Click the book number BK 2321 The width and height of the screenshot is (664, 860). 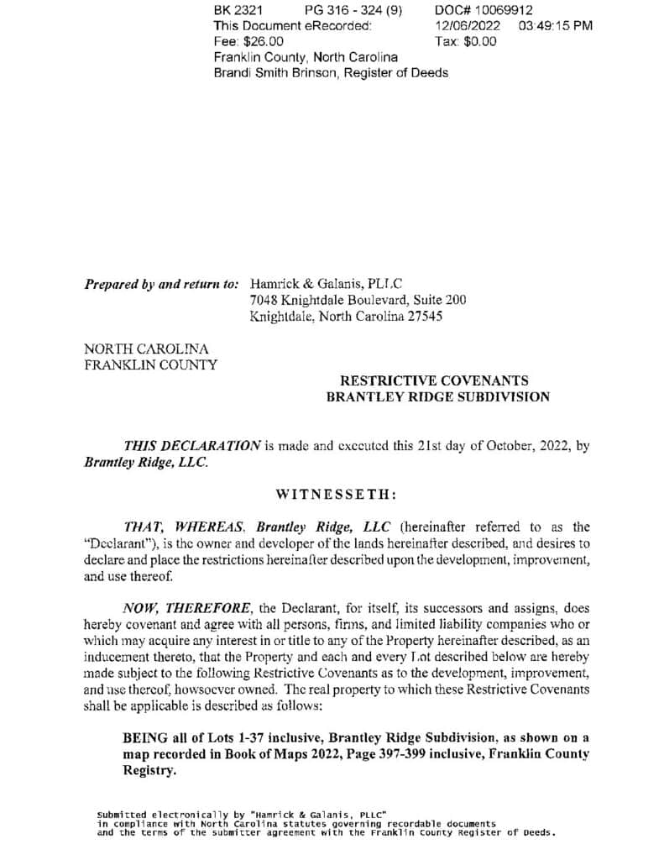pos(238,10)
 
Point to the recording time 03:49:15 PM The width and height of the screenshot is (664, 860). pos(556,25)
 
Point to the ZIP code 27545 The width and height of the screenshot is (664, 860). pos(424,316)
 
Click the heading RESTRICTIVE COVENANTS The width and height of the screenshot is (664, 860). pos(433,380)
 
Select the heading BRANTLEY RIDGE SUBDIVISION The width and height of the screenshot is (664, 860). pos(437,396)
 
